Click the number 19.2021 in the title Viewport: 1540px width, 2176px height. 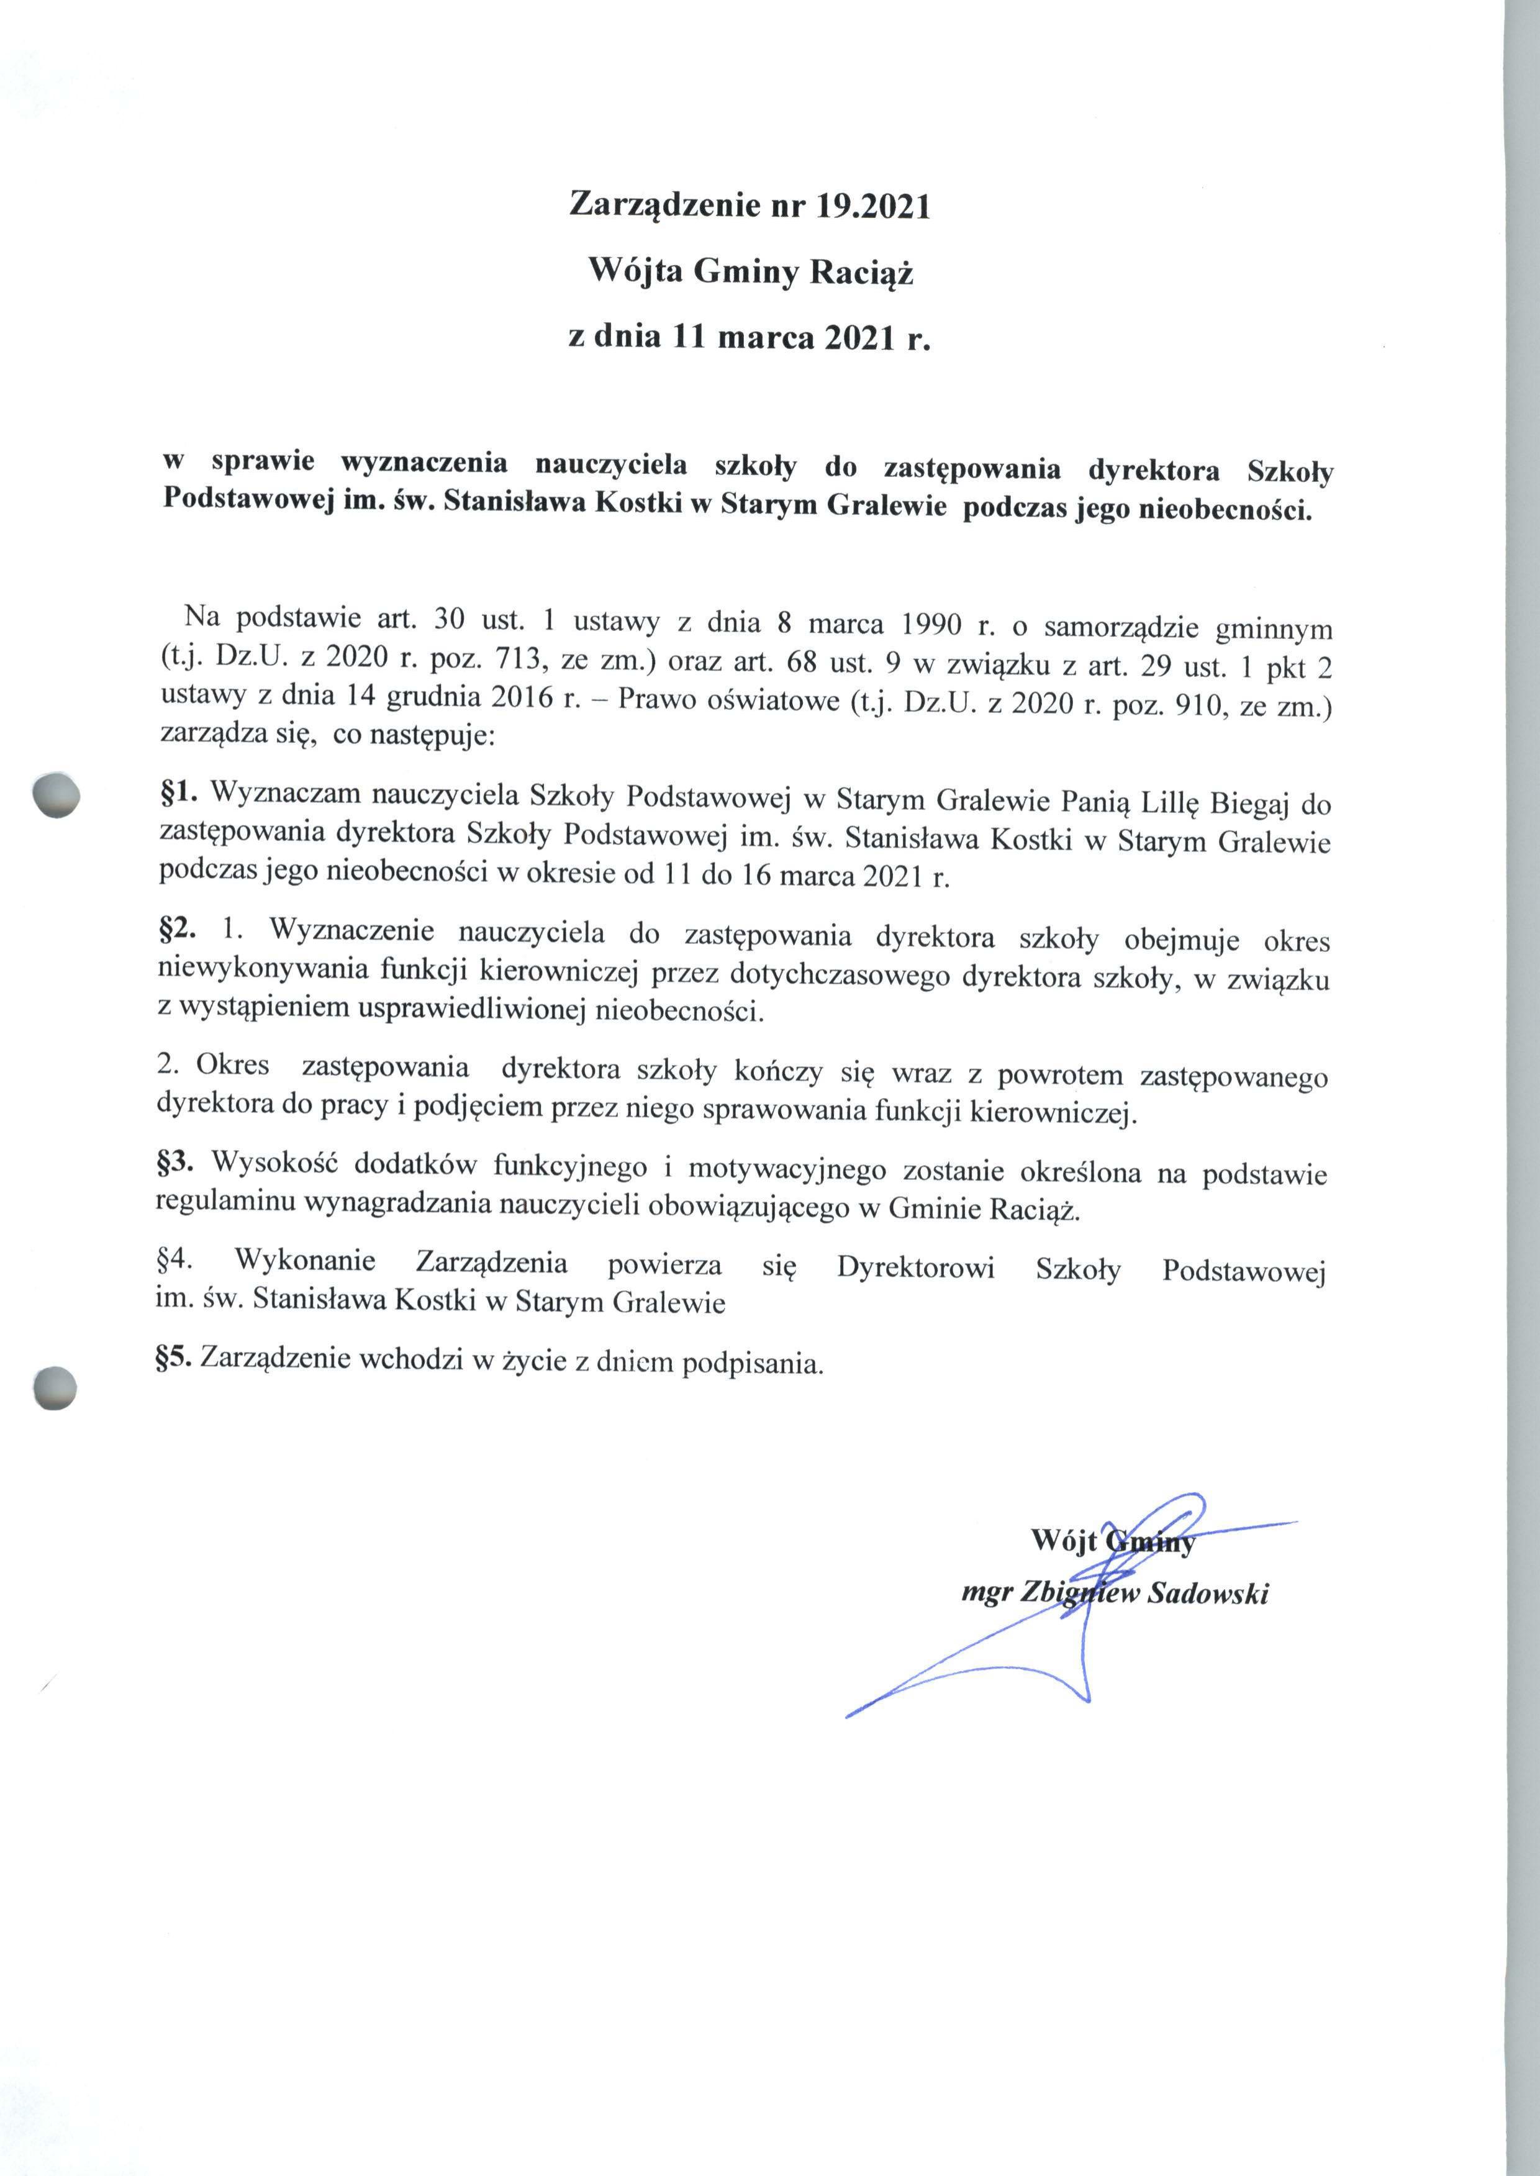872,206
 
